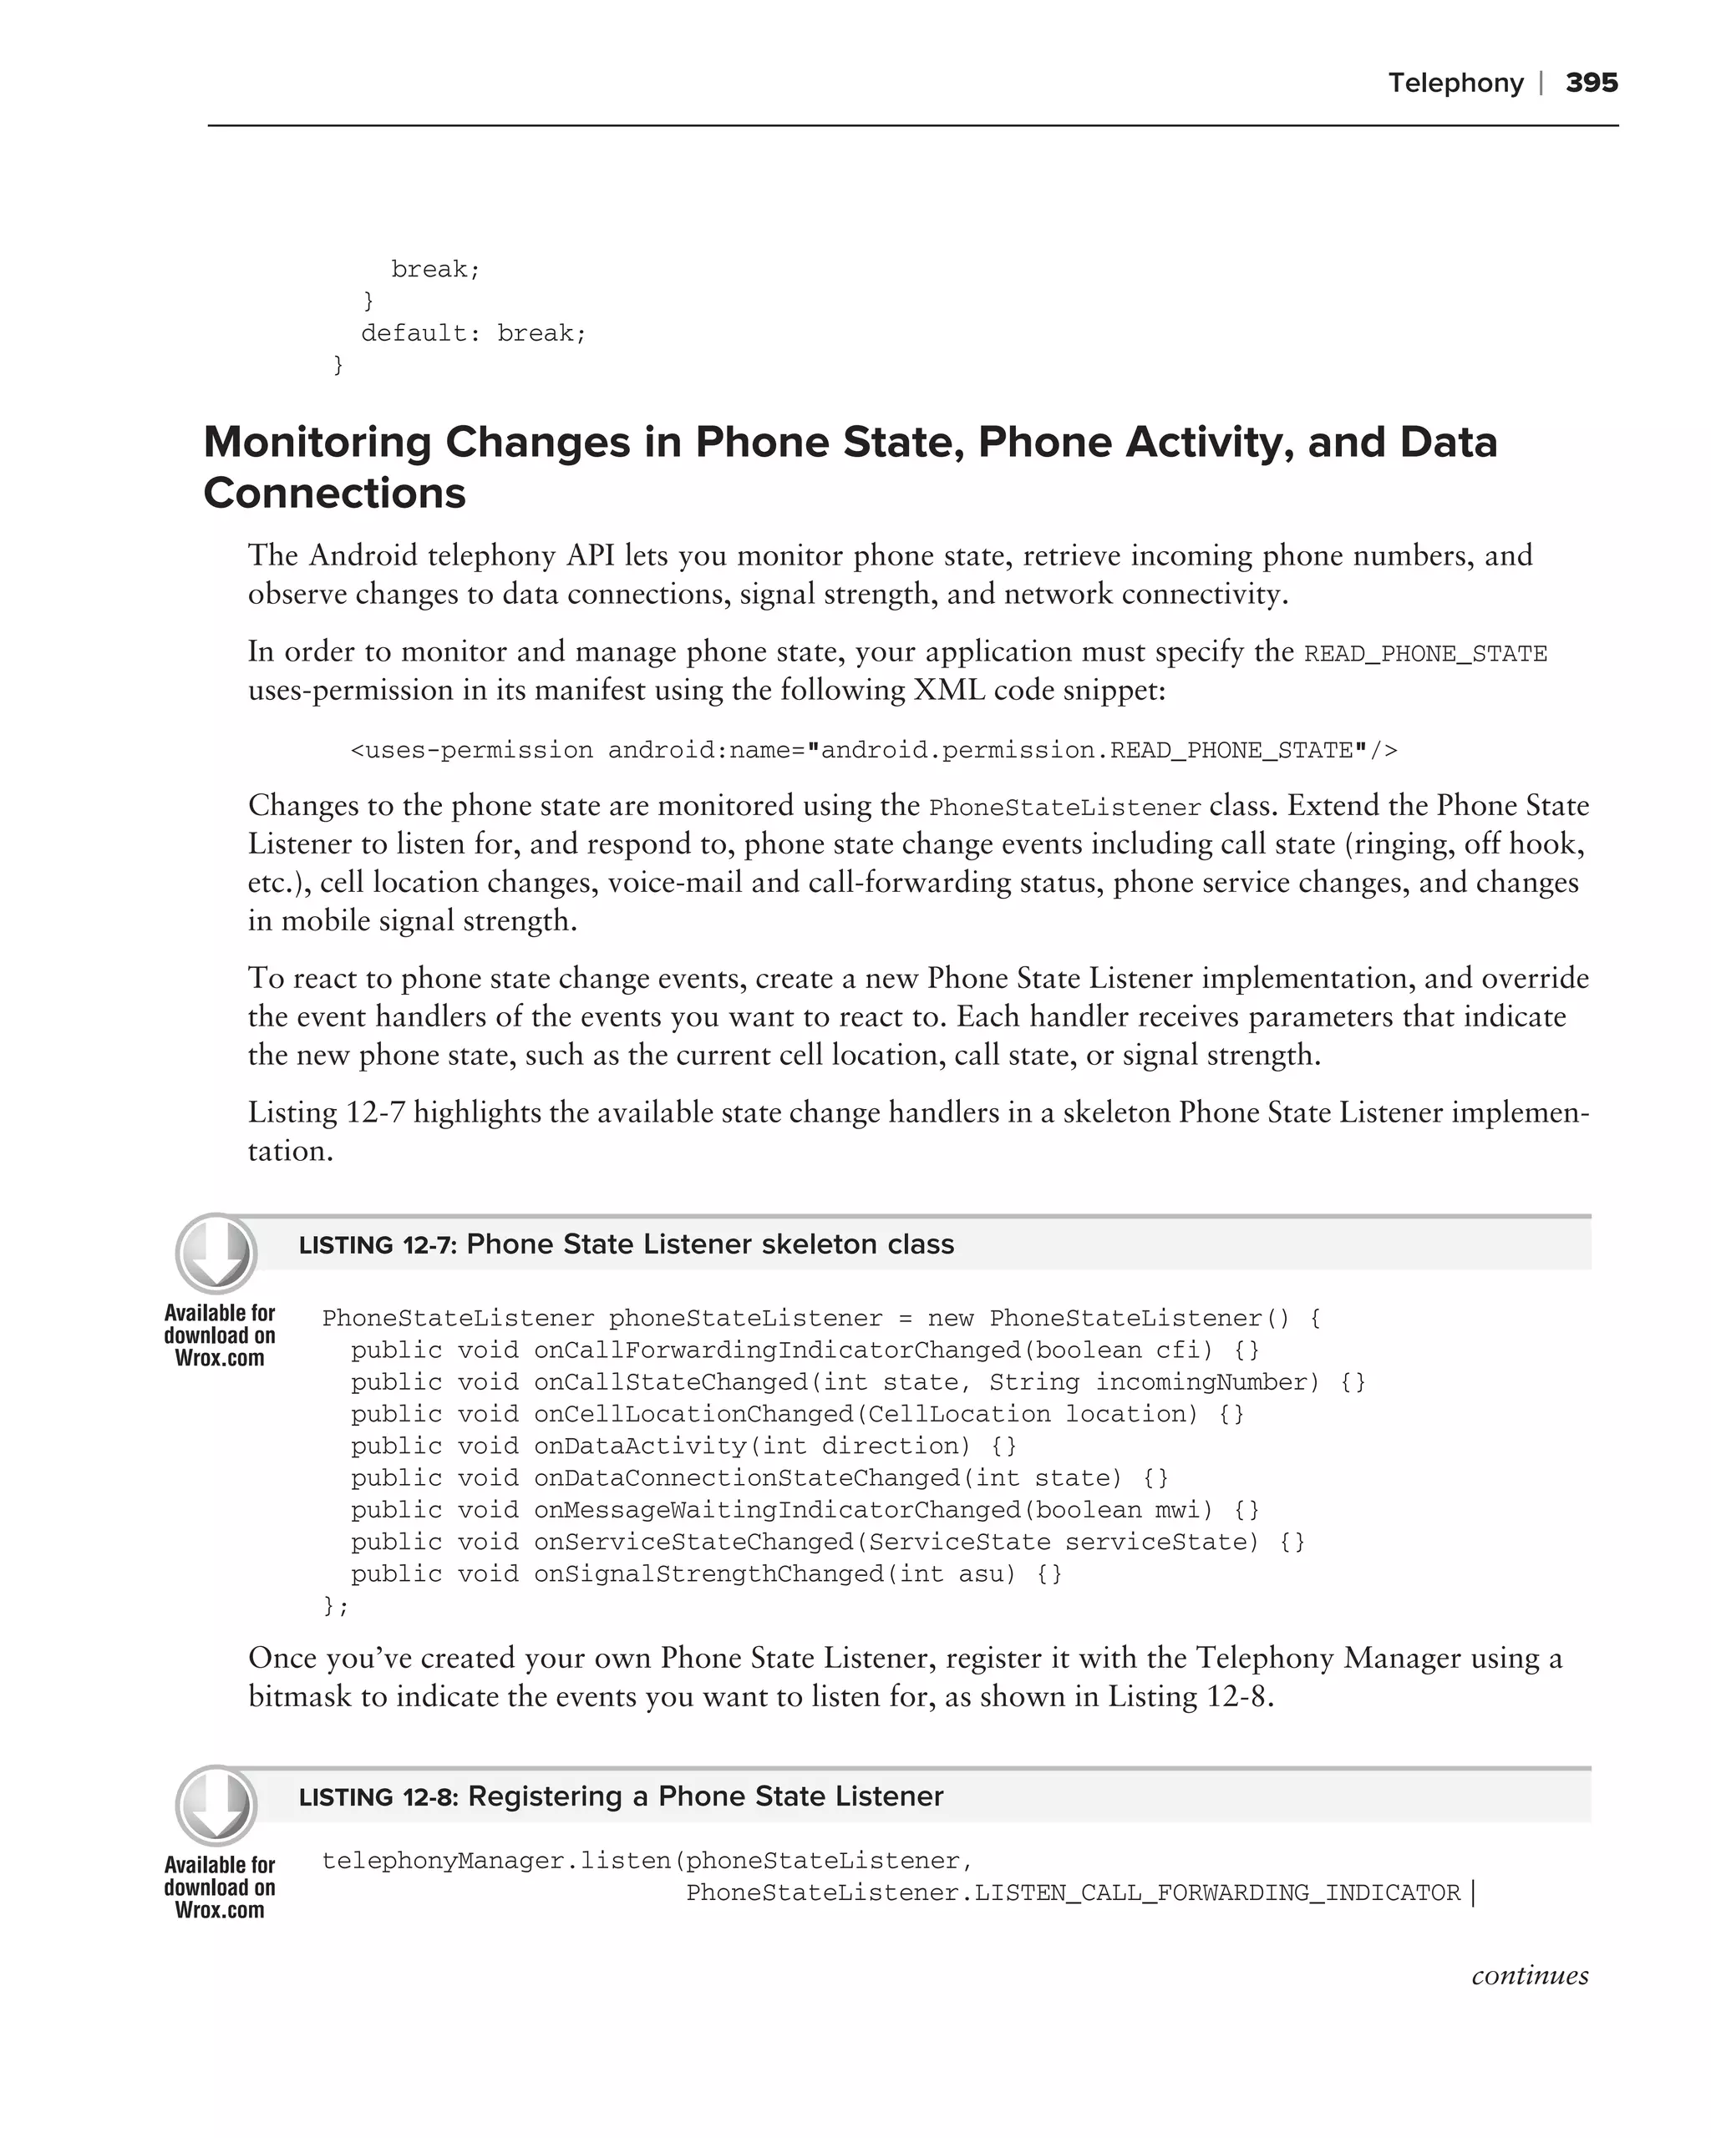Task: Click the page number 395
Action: (1591, 83)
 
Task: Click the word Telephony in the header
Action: (1455, 83)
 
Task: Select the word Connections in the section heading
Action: (334, 493)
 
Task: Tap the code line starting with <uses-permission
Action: (873, 751)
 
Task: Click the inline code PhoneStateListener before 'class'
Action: (1064, 808)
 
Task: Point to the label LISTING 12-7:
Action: (377, 1245)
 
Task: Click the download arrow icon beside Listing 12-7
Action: (216, 1254)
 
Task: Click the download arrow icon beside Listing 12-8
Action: (216, 1806)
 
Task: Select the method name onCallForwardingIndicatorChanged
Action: (777, 1350)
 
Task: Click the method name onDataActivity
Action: (640, 1446)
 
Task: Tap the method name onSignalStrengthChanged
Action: (708, 1573)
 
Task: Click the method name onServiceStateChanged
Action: (693, 1542)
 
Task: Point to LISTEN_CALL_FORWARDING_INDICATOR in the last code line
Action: (1217, 1893)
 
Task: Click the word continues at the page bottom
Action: (1530, 1975)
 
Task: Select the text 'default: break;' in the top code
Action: (473, 333)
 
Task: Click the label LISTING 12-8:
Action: (378, 1798)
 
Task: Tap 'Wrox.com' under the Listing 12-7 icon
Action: (219, 1359)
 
